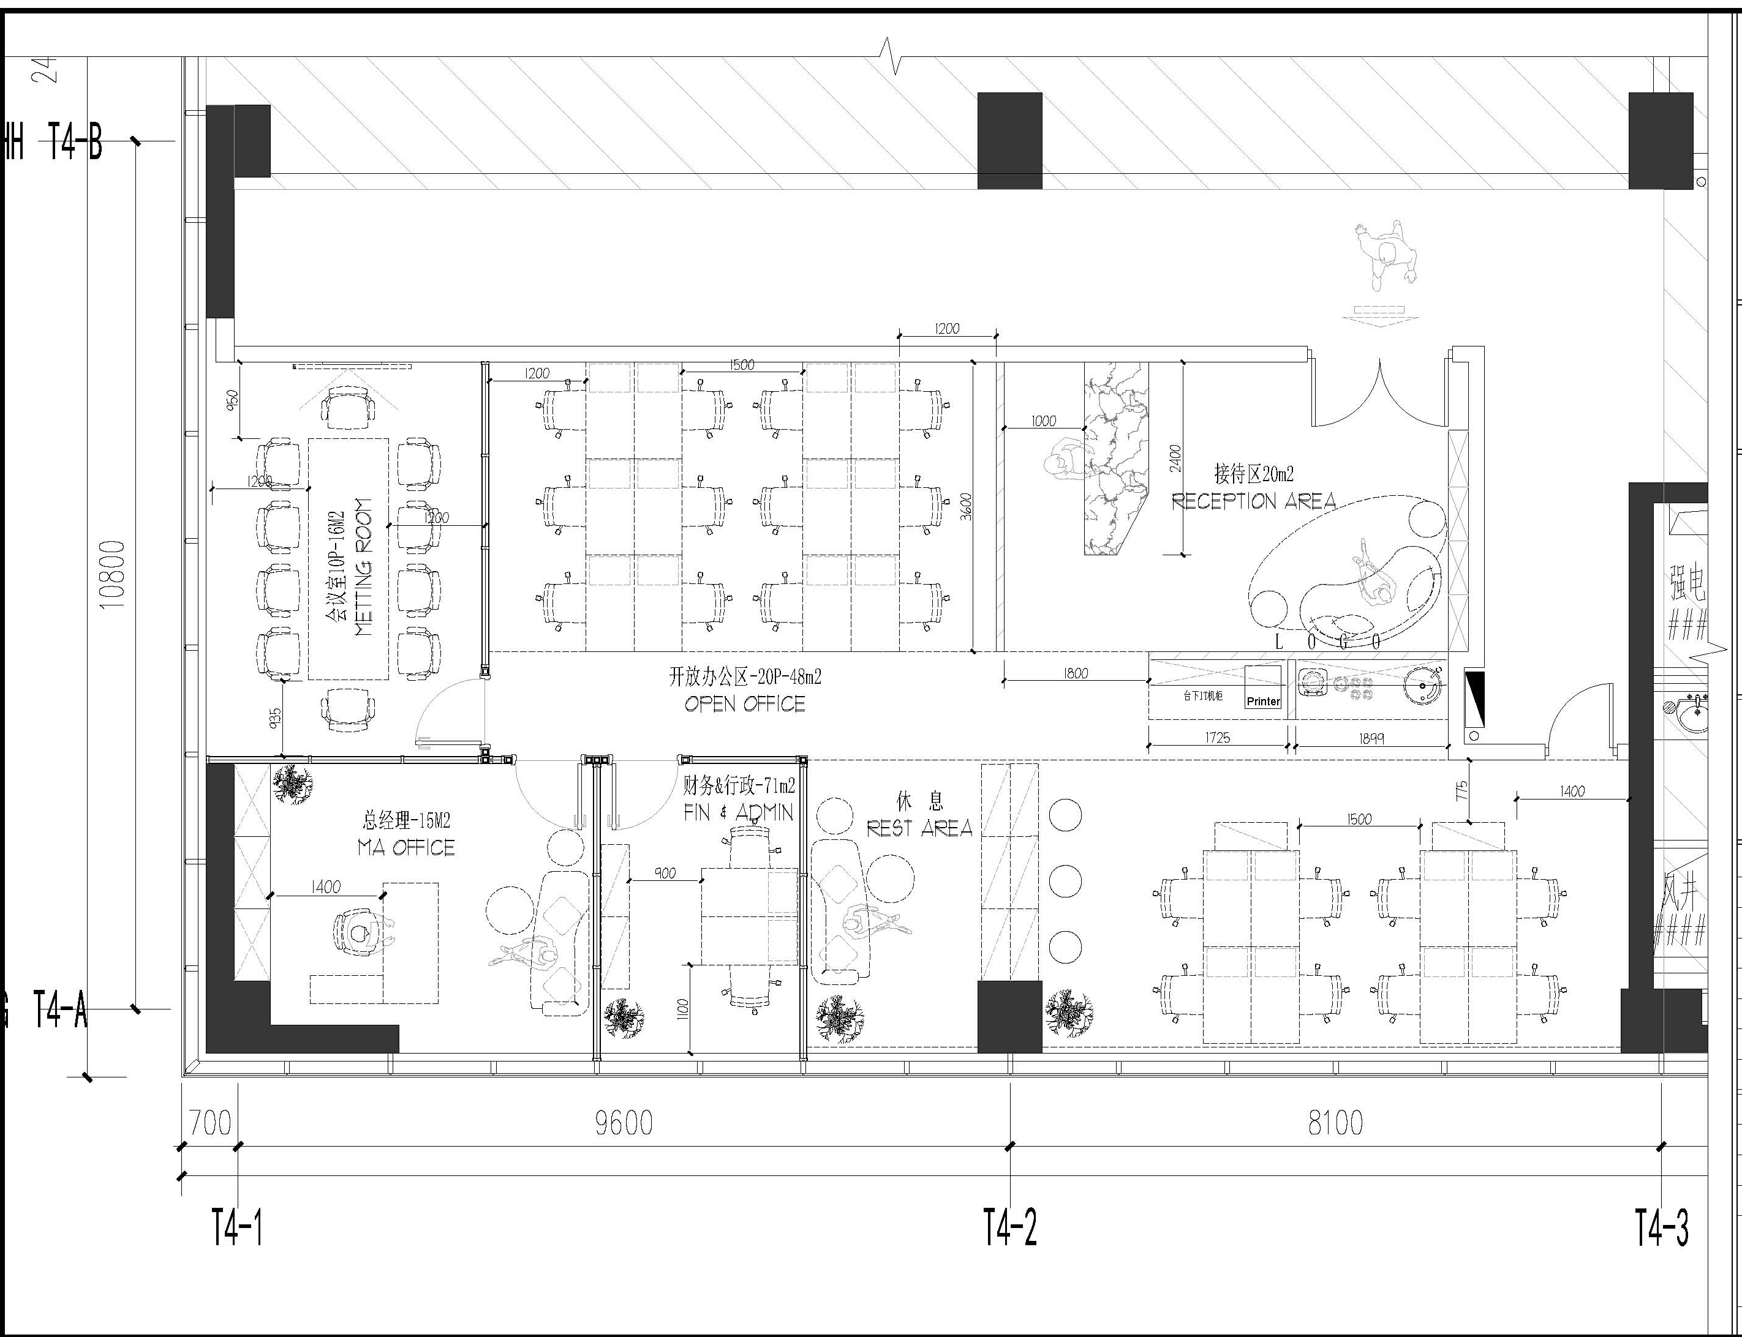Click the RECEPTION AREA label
[x=1253, y=501]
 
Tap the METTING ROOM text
[x=363, y=567]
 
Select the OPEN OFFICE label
[x=744, y=704]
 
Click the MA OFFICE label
[x=406, y=847]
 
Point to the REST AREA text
[x=919, y=828]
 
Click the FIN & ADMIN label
[x=738, y=812]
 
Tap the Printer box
[x=1263, y=700]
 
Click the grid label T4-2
[x=1009, y=1227]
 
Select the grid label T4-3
[x=1662, y=1227]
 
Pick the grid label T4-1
[x=236, y=1227]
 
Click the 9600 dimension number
[x=624, y=1123]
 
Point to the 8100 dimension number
[x=1335, y=1123]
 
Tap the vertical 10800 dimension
[x=114, y=574]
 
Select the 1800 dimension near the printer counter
[x=1075, y=673]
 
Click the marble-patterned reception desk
[x=1115, y=458]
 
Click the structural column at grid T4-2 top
[x=1009, y=140]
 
